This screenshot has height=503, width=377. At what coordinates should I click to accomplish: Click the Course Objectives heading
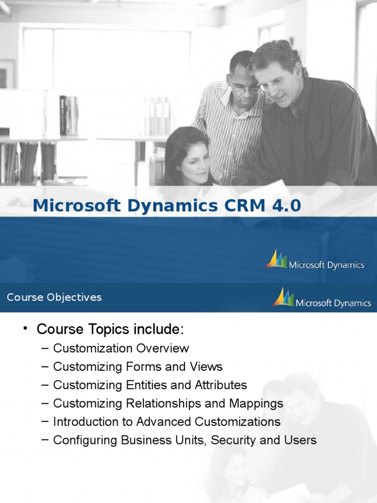[x=54, y=297]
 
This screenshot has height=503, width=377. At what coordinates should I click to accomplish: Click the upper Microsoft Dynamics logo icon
[x=276, y=259]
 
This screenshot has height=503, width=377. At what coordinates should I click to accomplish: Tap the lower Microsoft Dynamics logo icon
[x=283, y=298]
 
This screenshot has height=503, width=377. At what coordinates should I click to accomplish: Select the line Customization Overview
[x=121, y=348]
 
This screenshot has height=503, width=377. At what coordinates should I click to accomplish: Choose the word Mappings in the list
[x=256, y=403]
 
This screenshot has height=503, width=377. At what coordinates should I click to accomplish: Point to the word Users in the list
[x=299, y=440]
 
